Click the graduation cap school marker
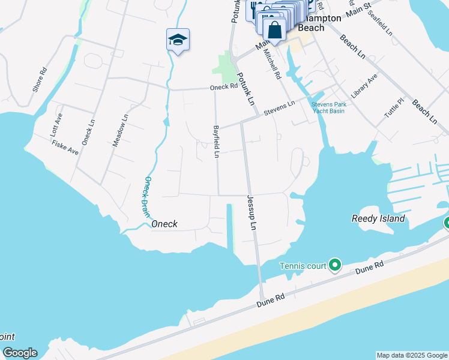click(x=178, y=40)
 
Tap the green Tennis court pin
click(x=335, y=265)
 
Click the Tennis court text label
click(x=303, y=266)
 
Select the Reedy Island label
click(x=378, y=218)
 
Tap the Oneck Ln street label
click(x=88, y=132)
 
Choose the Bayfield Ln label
click(x=215, y=142)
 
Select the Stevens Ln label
click(x=280, y=107)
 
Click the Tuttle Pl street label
click(x=396, y=109)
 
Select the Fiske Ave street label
click(x=65, y=147)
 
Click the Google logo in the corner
click(x=20, y=353)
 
